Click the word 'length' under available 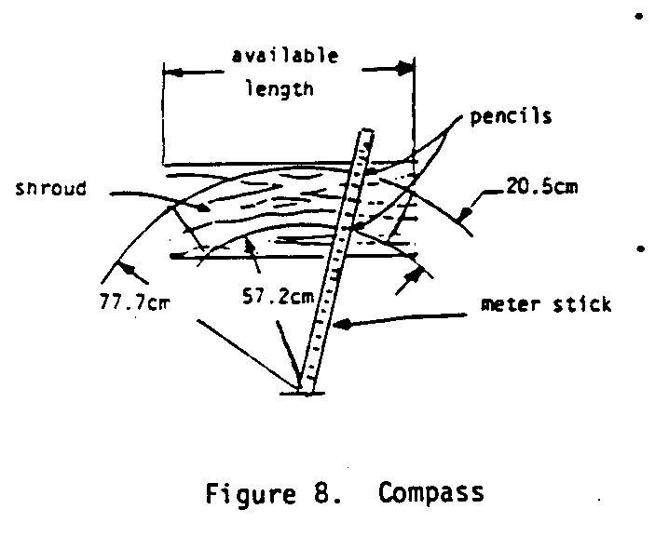pos(279,90)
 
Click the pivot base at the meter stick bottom pos(303,392)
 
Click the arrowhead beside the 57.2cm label pos(247,244)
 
